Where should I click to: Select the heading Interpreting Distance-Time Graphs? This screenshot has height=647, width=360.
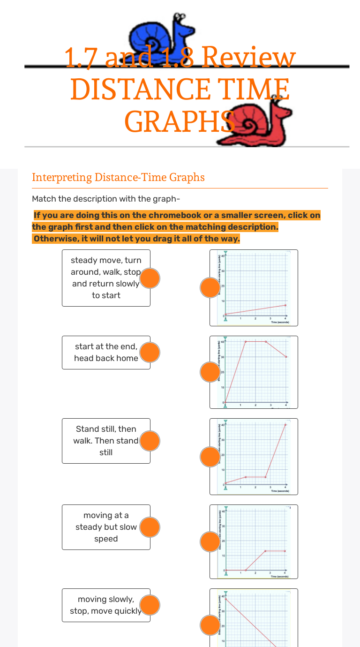(118, 177)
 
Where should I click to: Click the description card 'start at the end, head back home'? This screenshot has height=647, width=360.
(106, 353)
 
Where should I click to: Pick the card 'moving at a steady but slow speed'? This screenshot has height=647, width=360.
(106, 527)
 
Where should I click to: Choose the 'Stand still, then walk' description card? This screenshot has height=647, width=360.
(106, 441)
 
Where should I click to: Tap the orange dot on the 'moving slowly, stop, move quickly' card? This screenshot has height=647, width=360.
(150, 605)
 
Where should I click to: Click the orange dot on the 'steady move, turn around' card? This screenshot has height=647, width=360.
(150, 278)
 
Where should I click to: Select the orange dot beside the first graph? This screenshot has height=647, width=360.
(210, 287)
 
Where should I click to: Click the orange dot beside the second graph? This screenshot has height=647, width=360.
(210, 372)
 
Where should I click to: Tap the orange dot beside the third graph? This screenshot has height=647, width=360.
(210, 457)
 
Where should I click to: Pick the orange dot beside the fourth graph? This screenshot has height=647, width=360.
(210, 542)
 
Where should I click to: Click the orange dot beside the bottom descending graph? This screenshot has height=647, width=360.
(210, 625)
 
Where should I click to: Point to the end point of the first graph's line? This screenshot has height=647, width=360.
(285, 305)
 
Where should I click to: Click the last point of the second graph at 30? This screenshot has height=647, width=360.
(285, 357)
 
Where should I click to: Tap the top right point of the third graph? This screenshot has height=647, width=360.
(285, 425)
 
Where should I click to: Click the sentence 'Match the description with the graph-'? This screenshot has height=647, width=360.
(106, 199)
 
